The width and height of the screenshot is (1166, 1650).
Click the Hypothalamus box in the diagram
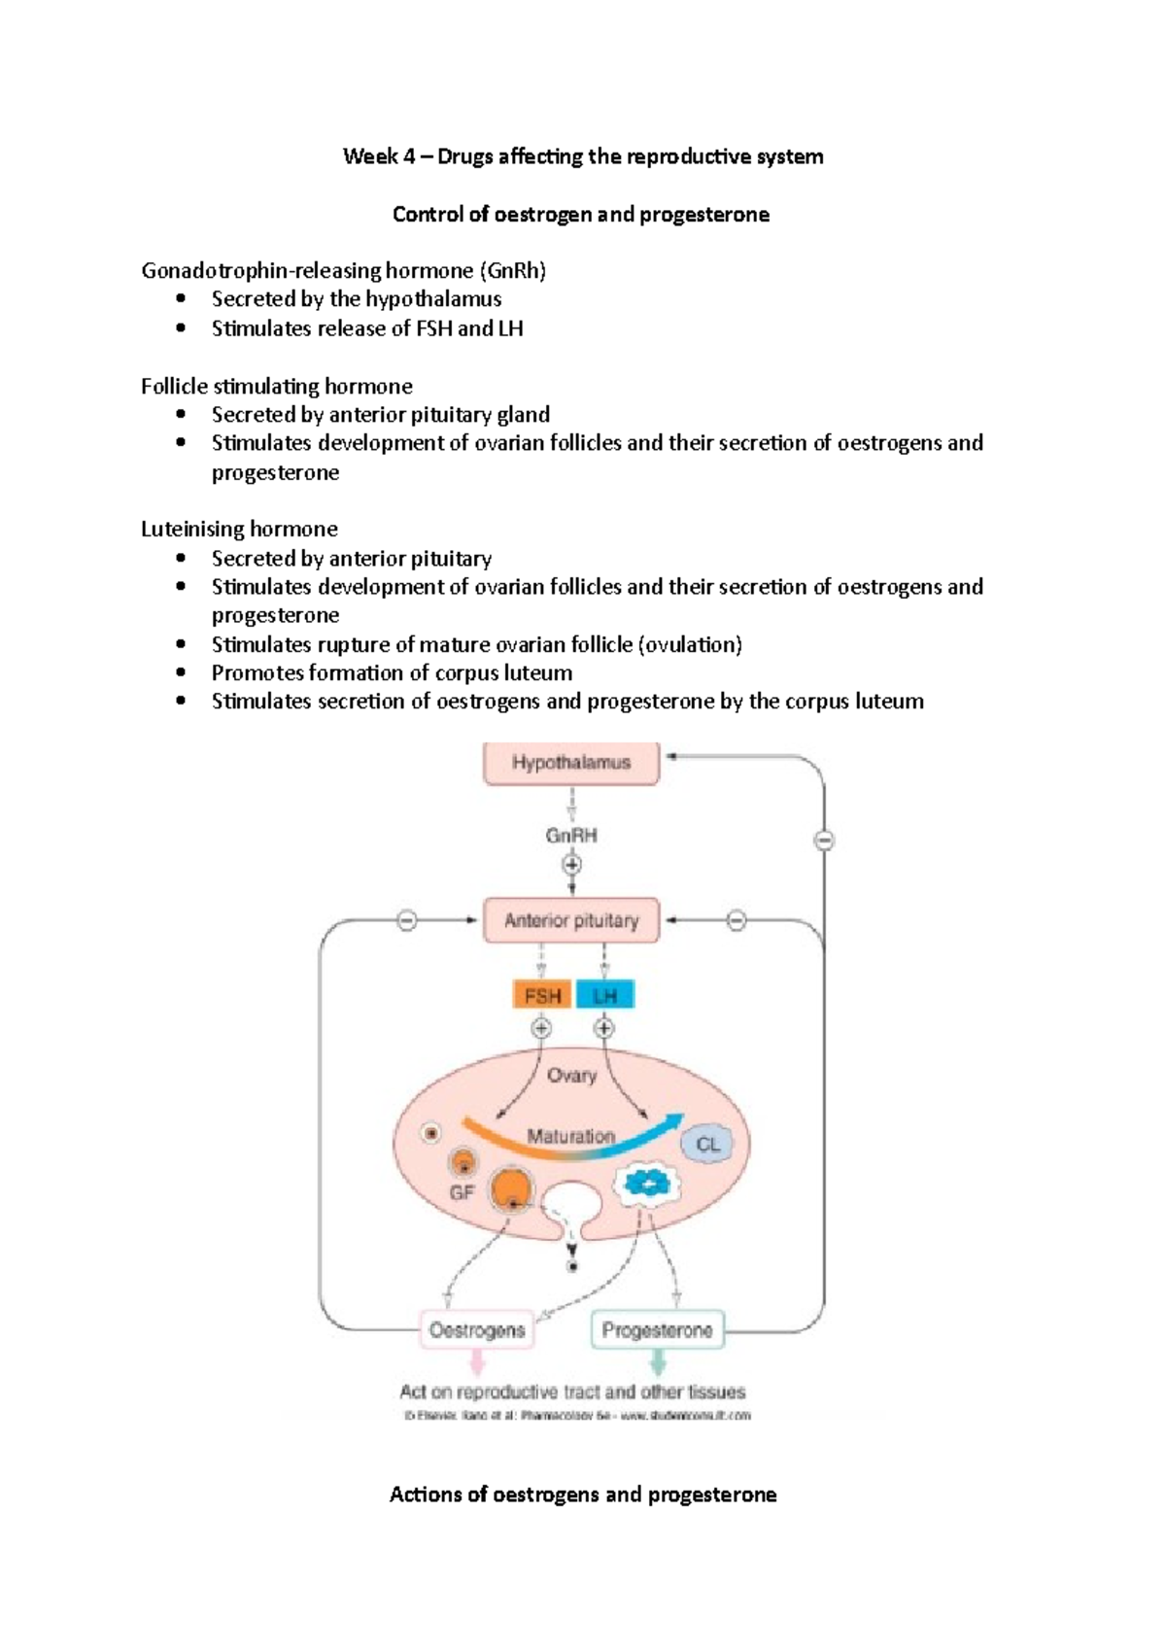coord(571,763)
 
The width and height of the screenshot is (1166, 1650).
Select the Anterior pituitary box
coord(571,920)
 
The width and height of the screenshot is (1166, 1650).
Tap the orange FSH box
coord(542,995)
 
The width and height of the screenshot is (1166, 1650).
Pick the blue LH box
coord(604,995)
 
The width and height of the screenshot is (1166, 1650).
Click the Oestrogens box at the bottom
coord(476,1330)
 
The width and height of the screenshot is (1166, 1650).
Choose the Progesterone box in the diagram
coord(658,1330)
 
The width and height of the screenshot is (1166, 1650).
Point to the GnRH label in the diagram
coord(571,835)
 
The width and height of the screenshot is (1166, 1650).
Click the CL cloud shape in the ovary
coord(707,1145)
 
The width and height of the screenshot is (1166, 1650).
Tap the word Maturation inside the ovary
coord(571,1135)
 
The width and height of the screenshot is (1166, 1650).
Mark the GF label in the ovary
coord(462,1191)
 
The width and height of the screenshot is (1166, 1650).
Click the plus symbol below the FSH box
coord(541,1028)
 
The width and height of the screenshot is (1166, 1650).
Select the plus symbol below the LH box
coord(604,1028)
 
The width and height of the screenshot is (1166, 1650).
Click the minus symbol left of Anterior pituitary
coord(407,920)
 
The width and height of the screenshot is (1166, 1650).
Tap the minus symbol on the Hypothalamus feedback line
coord(824,841)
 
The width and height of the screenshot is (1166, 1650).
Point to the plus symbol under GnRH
coord(571,864)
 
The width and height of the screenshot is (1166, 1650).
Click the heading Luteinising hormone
coord(239,529)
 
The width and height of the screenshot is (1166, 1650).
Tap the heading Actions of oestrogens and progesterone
coord(583,1495)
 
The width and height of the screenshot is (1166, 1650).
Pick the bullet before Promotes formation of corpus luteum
coord(181,672)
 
